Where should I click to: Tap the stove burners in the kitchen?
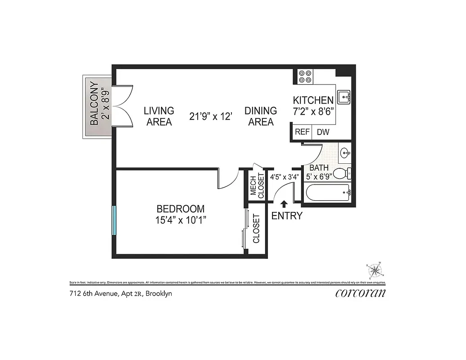pyautogui.click(x=304, y=76)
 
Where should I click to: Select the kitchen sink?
pyautogui.click(x=345, y=95)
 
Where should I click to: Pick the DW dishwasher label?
pyautogui.click(x=323, y=132)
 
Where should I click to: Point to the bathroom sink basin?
pyautogui.click(x=345, y=153)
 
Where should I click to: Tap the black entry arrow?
pyautogui.click(x=284, y=205)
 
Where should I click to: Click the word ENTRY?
pyautogui.click(x=287, y=216)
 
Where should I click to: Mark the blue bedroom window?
pyautogui.click(x=114, y=220)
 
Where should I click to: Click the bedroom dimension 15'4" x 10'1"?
pyautogui.click(x=180, y=214)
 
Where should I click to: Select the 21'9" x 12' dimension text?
pyautogui.click(x=211, y=117)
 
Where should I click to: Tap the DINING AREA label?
pyautogui.click(x=261, y=116)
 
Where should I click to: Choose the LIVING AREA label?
pyautogui.click(x=158, y=116)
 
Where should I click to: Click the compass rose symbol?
pyautogui.click(x=375, y=270)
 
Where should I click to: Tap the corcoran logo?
pyautogui.click(x=361, y=293)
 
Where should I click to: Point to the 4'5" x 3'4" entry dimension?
pyautogui.click(x=284, y=177)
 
